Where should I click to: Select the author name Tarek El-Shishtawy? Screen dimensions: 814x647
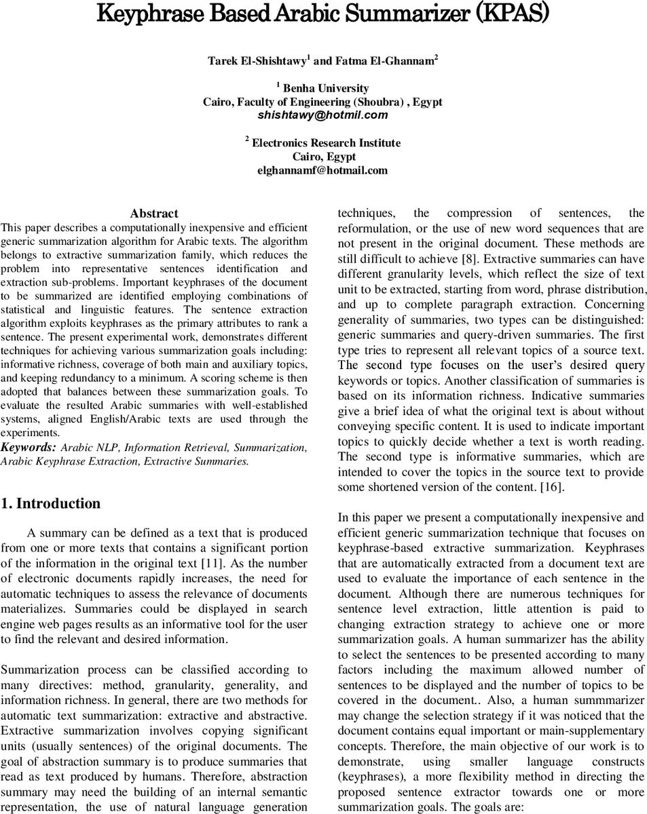coord(257,61)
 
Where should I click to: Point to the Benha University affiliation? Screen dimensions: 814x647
coord(325,88)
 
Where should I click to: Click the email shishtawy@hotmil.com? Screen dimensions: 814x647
coord(322,115)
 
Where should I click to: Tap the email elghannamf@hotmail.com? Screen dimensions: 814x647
coord(322,170)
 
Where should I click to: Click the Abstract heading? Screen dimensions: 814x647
coord(154,214)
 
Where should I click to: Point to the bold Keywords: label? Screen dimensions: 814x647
coord(29,447)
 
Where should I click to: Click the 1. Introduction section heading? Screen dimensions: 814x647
coord(51,503)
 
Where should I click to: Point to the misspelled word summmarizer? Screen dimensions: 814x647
coord(606,701)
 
